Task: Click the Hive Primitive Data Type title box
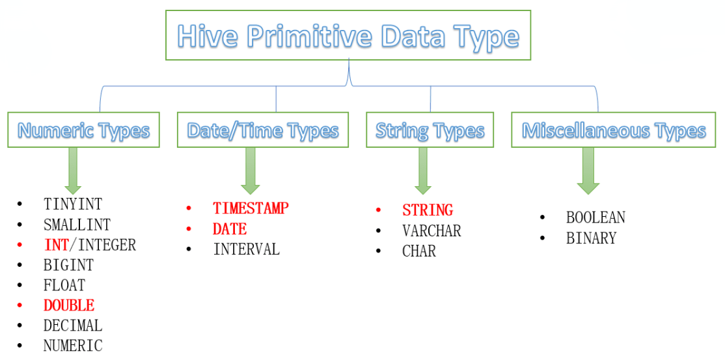[348, 35]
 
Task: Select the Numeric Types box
[84, 130]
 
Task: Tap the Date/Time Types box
[263, 130]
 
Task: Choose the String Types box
[430, 130]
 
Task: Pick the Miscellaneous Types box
[613, 130]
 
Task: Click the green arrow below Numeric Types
[73, 171]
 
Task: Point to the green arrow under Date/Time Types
[250, 171]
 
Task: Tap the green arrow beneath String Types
[422, 171]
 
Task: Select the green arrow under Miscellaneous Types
[588, 171]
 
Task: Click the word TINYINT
[73, 204]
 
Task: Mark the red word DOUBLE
[69, 305]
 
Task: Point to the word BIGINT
[68, 265]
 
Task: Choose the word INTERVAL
[247, 249]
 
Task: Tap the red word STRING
[428, 210]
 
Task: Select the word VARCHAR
[432, 230]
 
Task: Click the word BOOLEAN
[595, 217]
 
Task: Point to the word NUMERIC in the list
[73, 346]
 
